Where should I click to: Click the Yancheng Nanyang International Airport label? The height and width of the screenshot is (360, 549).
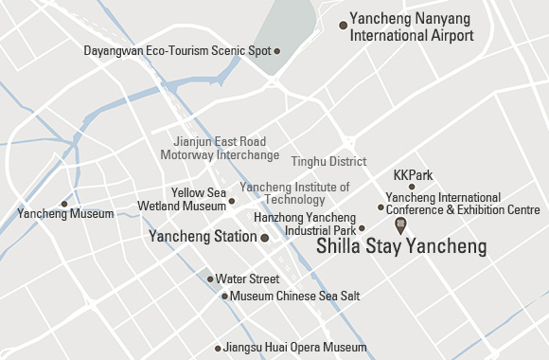point(411,27)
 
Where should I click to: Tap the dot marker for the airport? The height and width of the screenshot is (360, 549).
point(343,25)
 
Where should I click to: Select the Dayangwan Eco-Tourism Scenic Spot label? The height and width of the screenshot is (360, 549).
point(177,50)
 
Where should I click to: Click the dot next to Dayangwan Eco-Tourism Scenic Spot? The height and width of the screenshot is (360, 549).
point(277,51)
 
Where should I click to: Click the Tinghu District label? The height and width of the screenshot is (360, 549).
point(328,162)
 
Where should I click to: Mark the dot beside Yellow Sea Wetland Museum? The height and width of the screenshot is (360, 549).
point(232,201)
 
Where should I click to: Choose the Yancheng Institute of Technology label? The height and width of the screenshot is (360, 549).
point(294,192)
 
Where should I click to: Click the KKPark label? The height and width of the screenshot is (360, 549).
point(412,175)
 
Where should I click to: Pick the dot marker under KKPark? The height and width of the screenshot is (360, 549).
point(412,187)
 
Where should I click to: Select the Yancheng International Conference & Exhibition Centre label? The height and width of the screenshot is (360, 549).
point(462,203)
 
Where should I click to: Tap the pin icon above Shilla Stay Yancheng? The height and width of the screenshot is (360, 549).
point(400,225)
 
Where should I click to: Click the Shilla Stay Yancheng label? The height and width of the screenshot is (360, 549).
point(400,247)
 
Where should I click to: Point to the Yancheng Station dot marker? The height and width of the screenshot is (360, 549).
point(265,238)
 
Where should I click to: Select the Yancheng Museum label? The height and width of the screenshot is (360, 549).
point(65,214)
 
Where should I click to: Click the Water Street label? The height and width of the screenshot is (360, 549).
point(248,279)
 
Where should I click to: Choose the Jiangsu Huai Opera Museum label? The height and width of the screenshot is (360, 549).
point(291,348)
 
